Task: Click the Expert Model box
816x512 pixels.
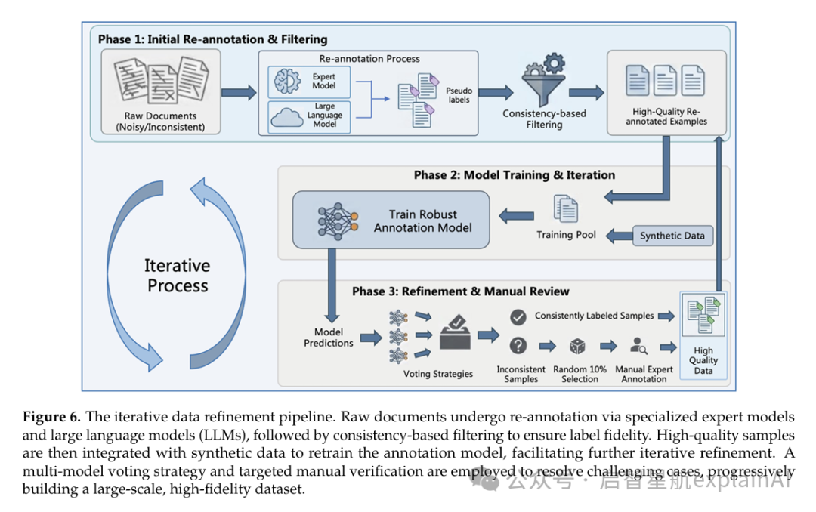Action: (x=309, y=82)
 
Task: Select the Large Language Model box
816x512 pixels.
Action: (x=309, y=116)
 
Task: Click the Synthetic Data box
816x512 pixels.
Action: (x=672, y=236)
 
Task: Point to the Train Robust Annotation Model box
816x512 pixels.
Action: (x=391, y=220)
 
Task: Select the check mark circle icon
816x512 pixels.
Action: (x=518, y=317)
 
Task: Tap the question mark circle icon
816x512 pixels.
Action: (x=518, y=346)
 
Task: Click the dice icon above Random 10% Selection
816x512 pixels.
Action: (x=578, y=346)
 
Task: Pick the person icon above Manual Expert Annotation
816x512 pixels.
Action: (x=638, y=346)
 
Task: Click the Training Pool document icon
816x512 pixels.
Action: (x=566, y=208)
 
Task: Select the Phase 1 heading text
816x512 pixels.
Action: (x=213, y=39)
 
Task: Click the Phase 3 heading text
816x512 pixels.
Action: (x=461, y=291)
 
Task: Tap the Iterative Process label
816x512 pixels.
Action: (x=178, y=276)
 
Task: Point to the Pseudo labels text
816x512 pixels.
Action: (x=459, y=95)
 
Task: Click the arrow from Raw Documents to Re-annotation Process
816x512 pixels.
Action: (x=239, y=93)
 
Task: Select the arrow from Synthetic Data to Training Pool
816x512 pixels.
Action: (x=620, y=236)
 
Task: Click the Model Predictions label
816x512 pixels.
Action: (x=329, y=338)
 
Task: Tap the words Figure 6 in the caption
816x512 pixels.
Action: (x=51, y=417)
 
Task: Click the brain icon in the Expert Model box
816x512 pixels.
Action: (x=287, y=82)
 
